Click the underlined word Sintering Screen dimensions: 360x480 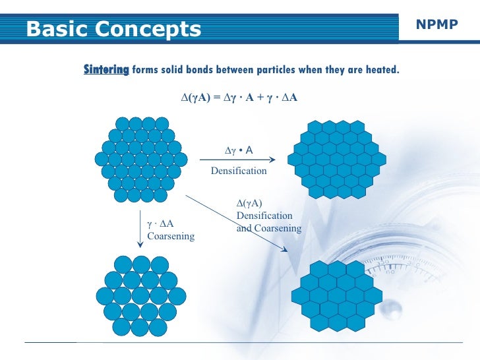105,69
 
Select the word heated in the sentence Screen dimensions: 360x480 382,69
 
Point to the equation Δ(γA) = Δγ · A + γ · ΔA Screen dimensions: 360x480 239,98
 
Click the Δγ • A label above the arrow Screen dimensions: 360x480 239,150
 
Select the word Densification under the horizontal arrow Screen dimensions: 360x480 238,171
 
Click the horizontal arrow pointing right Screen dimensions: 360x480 238,160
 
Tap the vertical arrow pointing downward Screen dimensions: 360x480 140,230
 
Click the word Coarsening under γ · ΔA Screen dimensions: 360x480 171,236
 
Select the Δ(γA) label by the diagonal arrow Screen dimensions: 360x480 249,203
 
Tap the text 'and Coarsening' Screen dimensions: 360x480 268,229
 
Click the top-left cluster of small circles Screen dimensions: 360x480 140,159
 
